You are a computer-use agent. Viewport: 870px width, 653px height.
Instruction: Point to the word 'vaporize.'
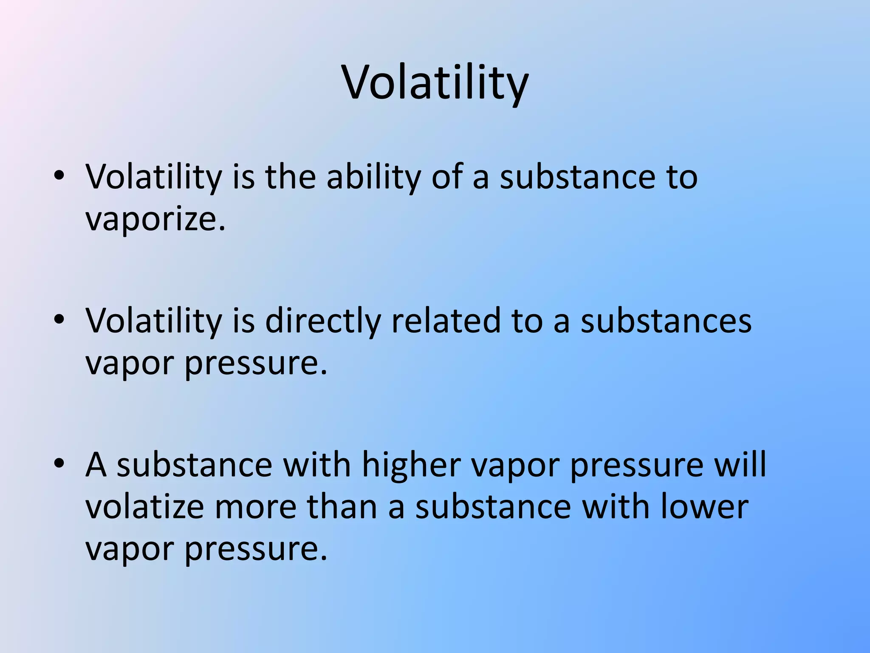155,220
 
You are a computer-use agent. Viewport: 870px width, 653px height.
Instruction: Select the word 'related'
446,321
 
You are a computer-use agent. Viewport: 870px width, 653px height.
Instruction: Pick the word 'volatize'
145,507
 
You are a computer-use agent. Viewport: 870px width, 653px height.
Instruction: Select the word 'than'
342,507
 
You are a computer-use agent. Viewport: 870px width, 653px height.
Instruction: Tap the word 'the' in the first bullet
291,177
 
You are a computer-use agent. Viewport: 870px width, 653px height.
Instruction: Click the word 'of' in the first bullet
446,177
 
